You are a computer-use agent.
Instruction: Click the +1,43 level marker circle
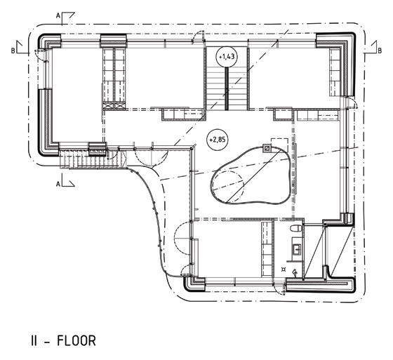[226, 57]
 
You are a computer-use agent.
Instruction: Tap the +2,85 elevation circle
[217, 140]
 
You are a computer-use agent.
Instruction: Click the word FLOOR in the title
[76, 340]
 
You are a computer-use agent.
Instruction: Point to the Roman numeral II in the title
[34, 340]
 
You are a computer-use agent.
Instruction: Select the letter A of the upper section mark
[58, 16]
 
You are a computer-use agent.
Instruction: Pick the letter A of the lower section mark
[58, 185]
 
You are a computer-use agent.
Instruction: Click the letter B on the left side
[13, 51]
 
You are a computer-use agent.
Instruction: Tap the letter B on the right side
[380, 51]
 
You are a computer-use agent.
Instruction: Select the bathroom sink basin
[297, 249]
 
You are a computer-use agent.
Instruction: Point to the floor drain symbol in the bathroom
[284, 269]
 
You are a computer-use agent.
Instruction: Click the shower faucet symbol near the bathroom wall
[295, 272]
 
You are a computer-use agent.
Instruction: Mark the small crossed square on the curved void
[267, 148]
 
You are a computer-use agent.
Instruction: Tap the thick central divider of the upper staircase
[227, 88]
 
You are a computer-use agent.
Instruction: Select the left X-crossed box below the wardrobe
[108, 105]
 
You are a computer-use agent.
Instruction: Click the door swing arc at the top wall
[198, 36]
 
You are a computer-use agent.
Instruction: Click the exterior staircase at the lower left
[93, 159]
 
